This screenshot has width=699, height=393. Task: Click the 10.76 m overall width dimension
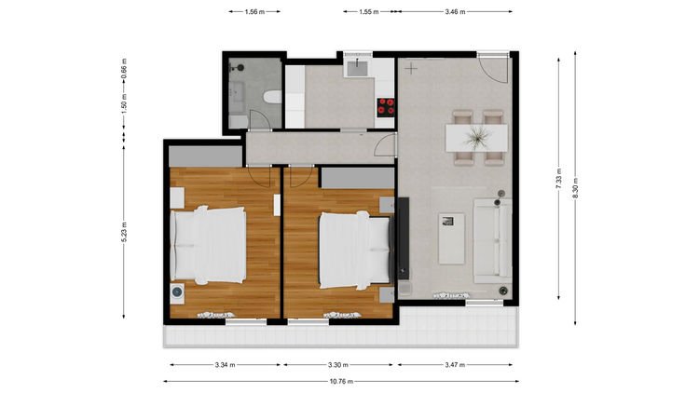point(341,382)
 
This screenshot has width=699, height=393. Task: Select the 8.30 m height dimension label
point(576,189)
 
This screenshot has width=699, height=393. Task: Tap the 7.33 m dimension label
point(558,179)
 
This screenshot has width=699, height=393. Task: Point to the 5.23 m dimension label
point(124,232)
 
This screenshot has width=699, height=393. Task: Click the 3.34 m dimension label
point(225,365)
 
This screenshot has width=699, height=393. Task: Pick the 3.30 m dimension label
point(338,365)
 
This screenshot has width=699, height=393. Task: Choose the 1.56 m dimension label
point(254,12)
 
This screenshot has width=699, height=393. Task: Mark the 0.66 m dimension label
point(124,69)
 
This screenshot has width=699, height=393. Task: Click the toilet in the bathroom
point(272,97)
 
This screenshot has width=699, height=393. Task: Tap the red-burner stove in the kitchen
point(386,107)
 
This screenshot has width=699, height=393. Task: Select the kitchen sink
point(358,69)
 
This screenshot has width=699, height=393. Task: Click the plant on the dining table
point(477,137)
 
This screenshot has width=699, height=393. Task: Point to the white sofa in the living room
point(492,241)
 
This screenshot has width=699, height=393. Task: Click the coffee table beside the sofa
point(452,238)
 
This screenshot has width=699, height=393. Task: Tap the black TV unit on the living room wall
point(403,238)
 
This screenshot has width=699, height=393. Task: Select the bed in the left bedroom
point(208,246)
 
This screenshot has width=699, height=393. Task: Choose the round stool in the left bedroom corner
point(177,292)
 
